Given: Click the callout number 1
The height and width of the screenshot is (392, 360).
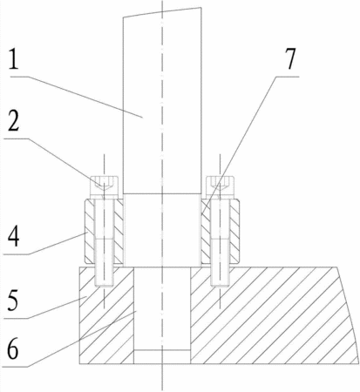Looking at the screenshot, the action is coord(13,59).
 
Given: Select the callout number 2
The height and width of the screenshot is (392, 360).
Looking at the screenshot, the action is coord(14,121).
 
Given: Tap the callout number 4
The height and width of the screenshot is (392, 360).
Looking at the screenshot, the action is coord(13,237).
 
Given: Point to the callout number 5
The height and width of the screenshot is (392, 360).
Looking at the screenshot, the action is coord(13,300).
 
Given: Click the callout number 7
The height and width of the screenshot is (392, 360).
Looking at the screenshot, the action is coord(289,59).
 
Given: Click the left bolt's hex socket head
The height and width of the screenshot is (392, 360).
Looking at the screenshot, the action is coord(105,187).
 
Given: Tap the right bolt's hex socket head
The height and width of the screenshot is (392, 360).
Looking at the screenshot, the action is coord(220,187).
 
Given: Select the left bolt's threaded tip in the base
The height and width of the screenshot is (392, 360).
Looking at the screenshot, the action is coord(104,277).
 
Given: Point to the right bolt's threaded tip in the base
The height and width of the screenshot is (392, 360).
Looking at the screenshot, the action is coord(221,277).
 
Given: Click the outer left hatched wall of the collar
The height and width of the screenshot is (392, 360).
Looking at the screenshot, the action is coord(90,231).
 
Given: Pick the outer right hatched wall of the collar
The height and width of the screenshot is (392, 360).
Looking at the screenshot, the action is coord(234,231).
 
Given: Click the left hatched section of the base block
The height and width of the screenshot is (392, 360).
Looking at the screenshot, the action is coord(106,315).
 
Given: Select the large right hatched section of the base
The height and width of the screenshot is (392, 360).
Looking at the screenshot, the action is coord(273,315).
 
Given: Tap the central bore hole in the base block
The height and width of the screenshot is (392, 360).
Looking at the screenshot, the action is coord(162,308).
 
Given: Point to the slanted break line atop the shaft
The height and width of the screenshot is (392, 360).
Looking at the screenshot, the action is coord(162,12).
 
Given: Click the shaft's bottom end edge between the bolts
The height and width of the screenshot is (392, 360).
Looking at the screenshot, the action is coord(162,193).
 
